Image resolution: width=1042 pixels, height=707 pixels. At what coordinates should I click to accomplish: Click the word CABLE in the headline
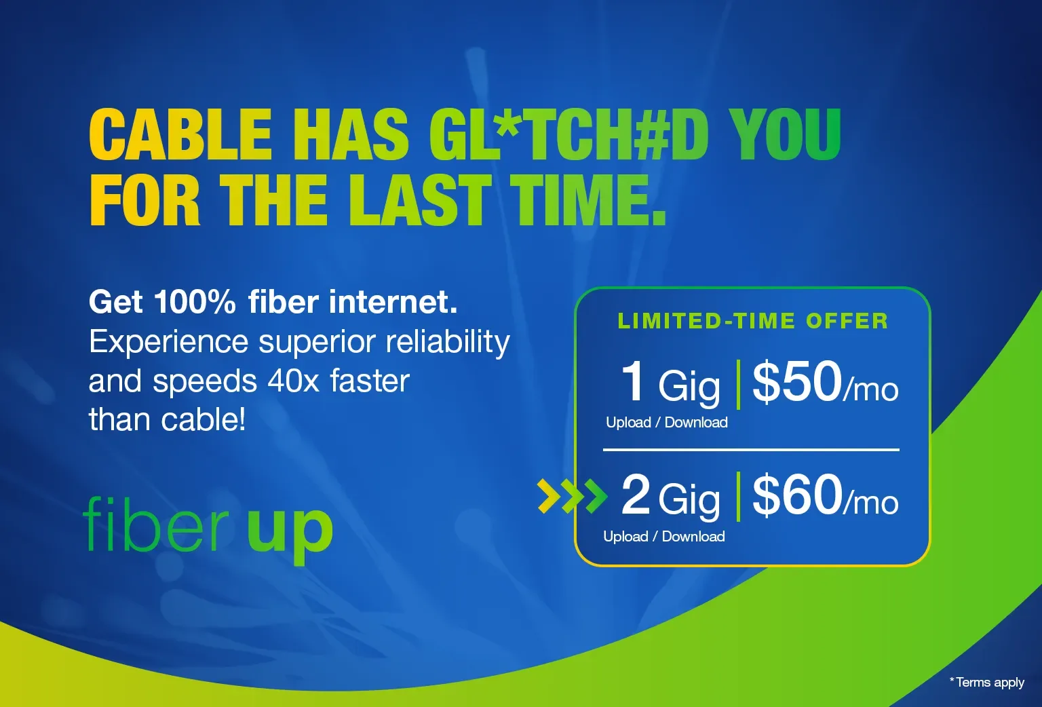tap(180, 134)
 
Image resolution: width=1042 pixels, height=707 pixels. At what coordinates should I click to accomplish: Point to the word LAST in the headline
tap(420, 199)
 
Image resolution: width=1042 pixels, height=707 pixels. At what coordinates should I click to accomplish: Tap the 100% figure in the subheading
tap(194, 302)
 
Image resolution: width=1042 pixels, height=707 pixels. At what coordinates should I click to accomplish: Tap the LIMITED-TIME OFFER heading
tap(752, 321)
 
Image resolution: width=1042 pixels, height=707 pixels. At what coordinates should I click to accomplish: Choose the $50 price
tap(797, 381)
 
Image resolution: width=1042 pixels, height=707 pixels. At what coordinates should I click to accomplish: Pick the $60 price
tap(797, 495)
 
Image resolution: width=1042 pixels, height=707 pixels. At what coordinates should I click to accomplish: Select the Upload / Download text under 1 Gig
tap(666, 423)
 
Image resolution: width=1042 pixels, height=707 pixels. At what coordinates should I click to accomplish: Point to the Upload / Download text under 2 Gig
tap(663, 537)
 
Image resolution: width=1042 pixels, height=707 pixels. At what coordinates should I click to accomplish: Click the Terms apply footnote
tap(988, 683)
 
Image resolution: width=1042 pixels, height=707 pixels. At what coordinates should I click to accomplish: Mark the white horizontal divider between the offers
tap(751, 450)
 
